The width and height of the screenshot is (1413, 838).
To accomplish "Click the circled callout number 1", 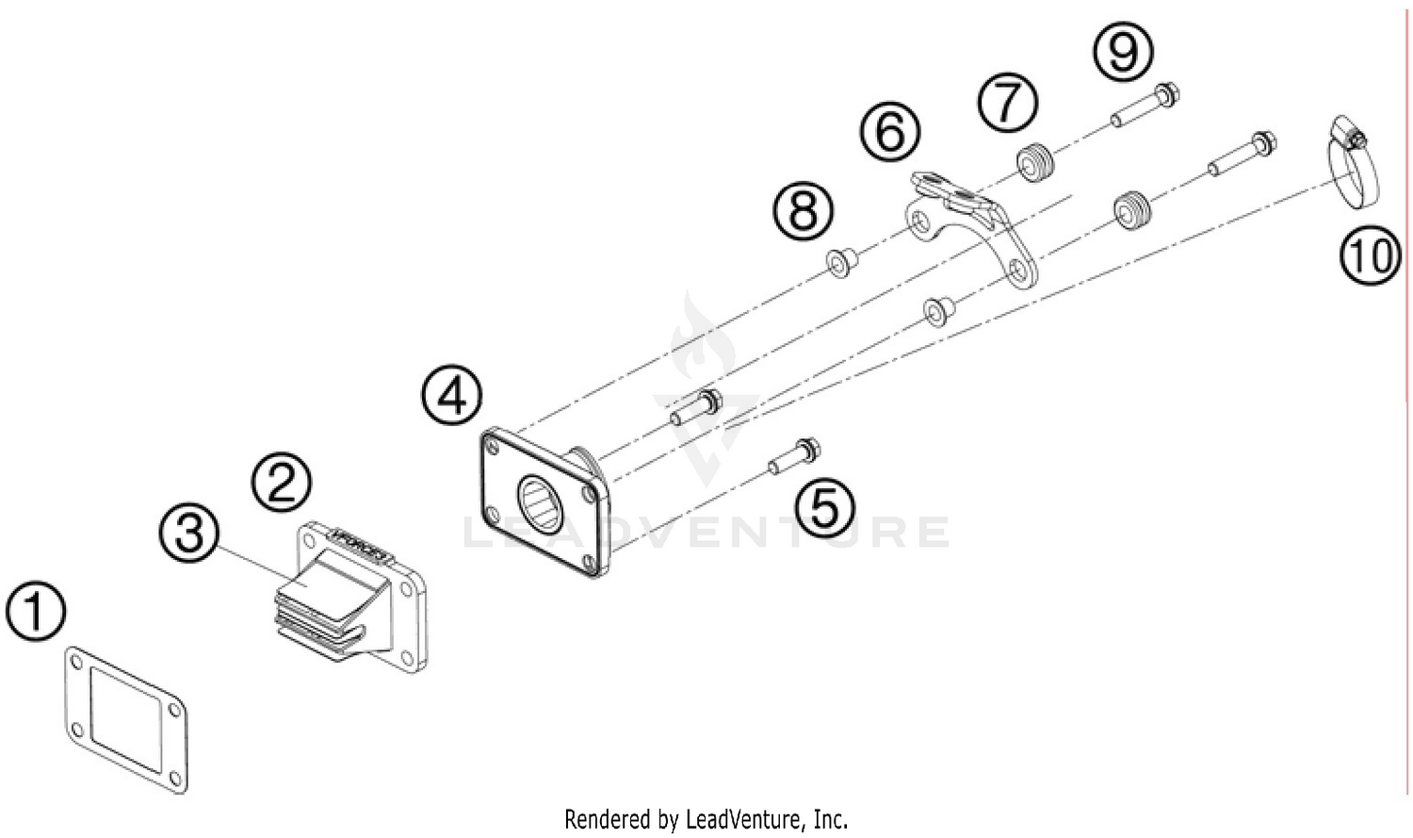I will coord(36,613).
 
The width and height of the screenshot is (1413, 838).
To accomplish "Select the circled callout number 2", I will coord(281,482).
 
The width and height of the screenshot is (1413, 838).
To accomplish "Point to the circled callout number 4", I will coord(451,395).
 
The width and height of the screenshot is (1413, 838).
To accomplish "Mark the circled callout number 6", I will coord(890,131).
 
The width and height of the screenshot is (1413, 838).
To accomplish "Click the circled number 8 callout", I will coord(804,210).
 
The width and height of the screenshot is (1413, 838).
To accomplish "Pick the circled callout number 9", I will coord(1123,51).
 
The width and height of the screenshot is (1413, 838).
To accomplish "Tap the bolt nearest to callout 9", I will coord(1145,107).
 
